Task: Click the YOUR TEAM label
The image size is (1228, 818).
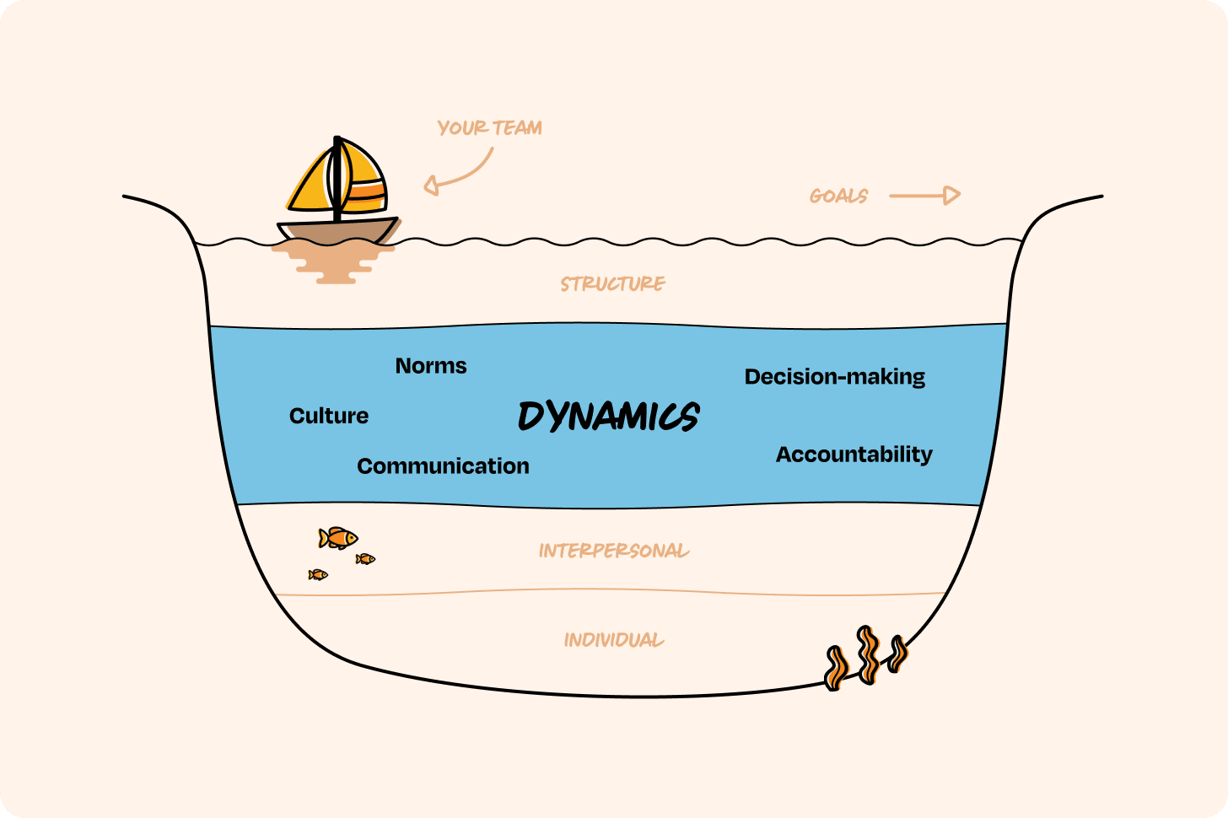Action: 489,128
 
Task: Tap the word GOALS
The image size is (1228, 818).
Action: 838,196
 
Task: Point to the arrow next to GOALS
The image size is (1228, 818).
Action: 924,196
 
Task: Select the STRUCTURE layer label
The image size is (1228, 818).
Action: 613,284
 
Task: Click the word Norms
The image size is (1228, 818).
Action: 431,366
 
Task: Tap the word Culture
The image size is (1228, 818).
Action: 329,416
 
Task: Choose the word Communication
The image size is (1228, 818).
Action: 443,466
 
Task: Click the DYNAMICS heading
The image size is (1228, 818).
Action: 608,417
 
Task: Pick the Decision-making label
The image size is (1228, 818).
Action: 834,377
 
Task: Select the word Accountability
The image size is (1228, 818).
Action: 854,455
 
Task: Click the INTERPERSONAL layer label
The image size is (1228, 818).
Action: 613,552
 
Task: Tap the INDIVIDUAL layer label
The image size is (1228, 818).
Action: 613,640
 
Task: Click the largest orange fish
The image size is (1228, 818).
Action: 338,537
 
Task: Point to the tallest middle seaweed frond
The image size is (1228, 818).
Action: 867,654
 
